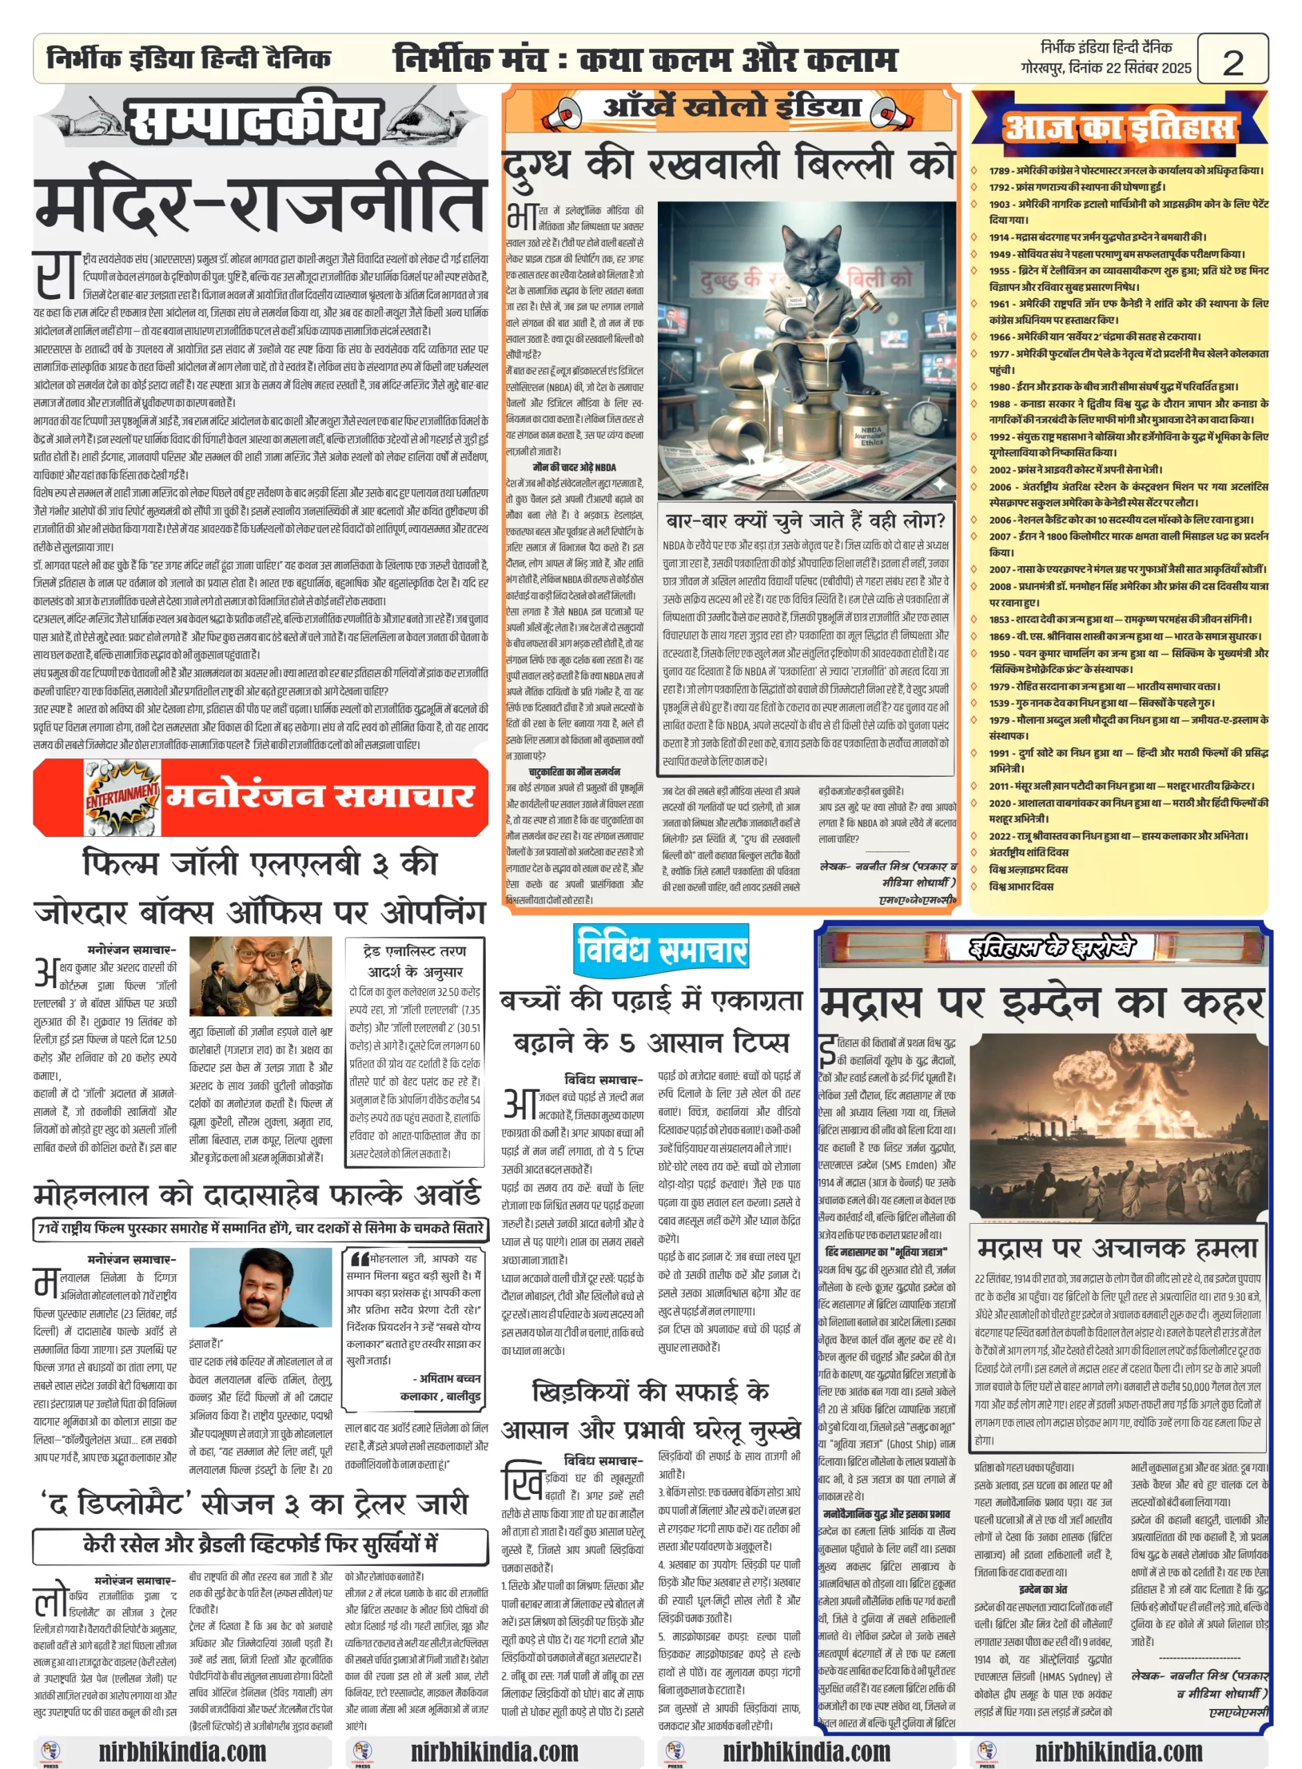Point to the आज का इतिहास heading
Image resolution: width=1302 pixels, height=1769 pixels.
coord(1118,129)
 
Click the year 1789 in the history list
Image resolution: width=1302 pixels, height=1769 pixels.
coord(999,170)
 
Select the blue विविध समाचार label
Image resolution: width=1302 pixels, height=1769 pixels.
coord(661,947)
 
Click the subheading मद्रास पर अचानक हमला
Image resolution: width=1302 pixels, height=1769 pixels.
coord(1117,1247)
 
